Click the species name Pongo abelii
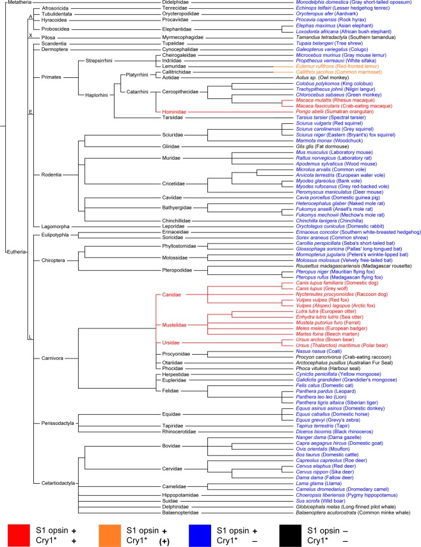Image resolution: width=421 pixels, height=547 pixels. pyautogui.click(x=303, y=111)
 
